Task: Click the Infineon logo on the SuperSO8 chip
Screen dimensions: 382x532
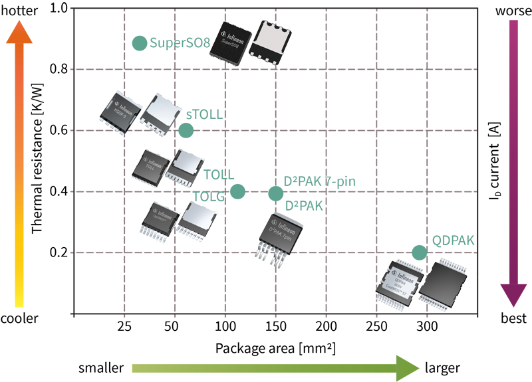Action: (231, 31)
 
